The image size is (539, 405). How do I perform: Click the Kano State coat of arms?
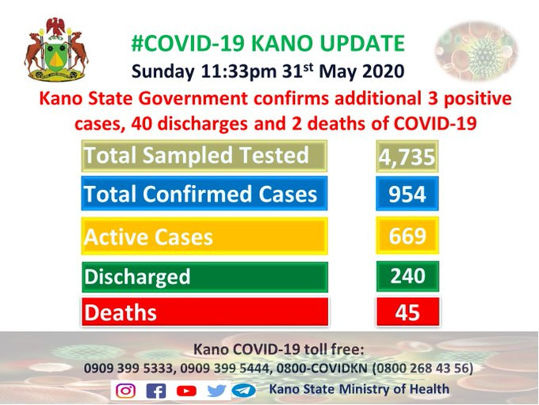click(x=56, y=49)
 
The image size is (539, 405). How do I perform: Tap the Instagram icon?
click(x=125, y=391)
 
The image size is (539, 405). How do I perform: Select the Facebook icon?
click(x=156, y=391)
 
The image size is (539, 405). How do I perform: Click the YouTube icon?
click(x=186, y=391)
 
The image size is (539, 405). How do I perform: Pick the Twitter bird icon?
click(x=216, y=391)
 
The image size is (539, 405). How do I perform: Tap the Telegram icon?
click(x=243, y=391)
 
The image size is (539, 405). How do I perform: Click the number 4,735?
click(x=407, y=157)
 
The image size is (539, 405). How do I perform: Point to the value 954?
click(x=407, y=194)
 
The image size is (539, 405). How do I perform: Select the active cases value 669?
click(x=407, y=237)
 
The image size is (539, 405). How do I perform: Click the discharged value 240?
click(x=407, y=276)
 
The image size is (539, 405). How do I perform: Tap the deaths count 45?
click(x=407, y=312)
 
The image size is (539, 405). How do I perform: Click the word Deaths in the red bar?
click(x=120, y=313)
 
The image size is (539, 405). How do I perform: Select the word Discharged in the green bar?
click(x=137, y=277)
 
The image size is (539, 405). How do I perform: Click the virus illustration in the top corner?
click(x=477, y=51)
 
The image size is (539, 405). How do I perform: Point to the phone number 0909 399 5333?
click(x=128, y=368)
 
